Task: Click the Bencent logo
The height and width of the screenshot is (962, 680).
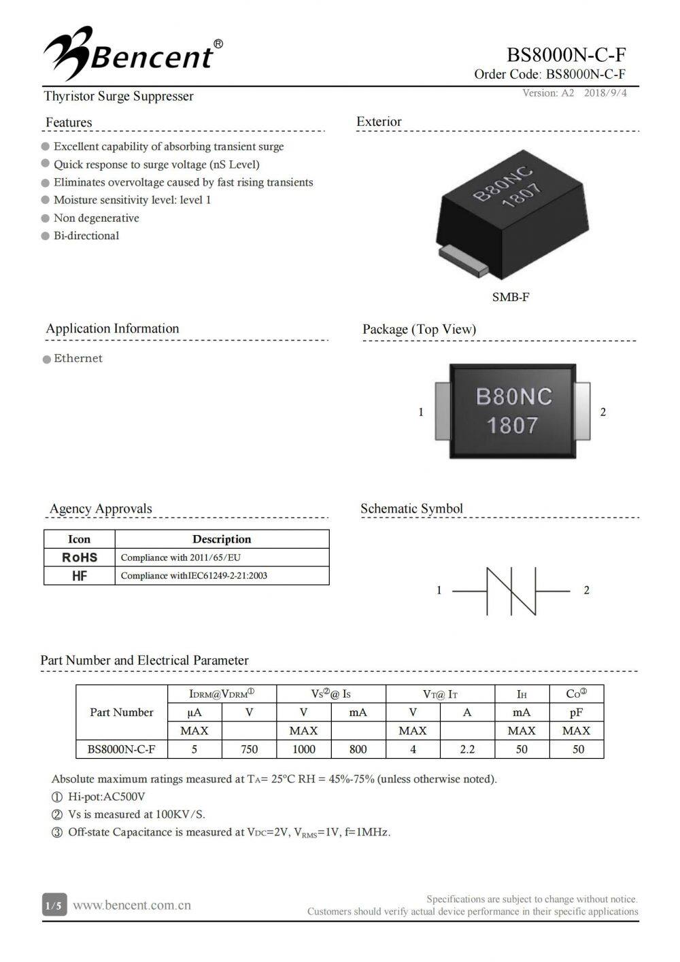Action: pyautogui.click(x=133, y=51)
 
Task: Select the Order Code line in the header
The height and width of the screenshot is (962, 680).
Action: pyautogui.click(x=549, y=75)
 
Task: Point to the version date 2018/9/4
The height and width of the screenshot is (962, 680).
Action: pyautogui.click(x=605, y=93)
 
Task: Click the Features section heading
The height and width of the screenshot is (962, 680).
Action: pyautogui.click(x=69, y=122)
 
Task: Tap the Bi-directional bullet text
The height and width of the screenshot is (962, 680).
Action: pyautogui.click(x=86, y=236)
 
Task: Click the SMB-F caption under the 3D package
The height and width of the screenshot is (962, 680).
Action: pyautogui.click(x=510, y=297)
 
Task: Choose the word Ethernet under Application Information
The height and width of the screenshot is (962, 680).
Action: pyautogui.click(x=78, y=358)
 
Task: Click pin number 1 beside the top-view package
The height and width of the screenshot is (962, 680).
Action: pyautogui.click(x=421, y=412)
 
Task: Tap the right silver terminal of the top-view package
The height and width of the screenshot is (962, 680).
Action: pyautogui.click(x=582, y=411)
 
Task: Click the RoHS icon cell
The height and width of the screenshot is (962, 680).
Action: pyautogui.click(x=80, y=557)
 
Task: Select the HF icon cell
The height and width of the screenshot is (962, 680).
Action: pyautogui.click(x=80, y=576)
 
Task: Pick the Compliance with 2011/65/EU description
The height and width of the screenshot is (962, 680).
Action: pyautogui.click(x=181, y=557)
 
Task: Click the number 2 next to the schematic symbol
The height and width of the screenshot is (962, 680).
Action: pyautogui.click(x=587, y=590)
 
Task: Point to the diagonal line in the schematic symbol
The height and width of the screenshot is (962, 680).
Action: pyautogui.click(x=511, y=591)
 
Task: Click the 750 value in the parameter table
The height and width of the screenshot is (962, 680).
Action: pyautogui.click(x=250, y=749)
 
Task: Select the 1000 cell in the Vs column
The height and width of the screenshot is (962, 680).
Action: pyautogui.click(x=304, y=749)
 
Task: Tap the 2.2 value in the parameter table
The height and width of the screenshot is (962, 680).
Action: pyautogui.click(x=467, y=749)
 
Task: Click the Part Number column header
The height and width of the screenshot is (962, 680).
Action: pyautogui.click(x=122, y=712)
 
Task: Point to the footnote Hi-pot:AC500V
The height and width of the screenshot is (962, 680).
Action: pyautogui.click(x=106, y=797)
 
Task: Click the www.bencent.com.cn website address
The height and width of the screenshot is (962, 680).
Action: pyautogui.click(x=132, y=906)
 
